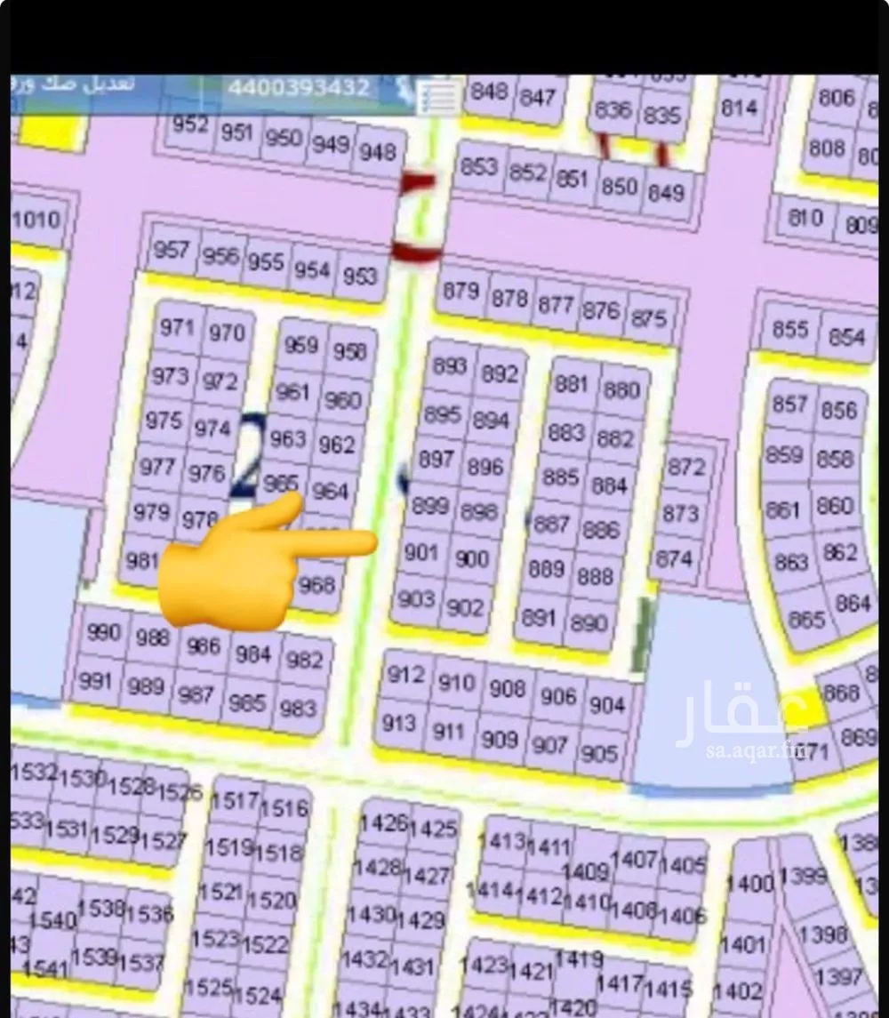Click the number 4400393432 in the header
tap(299, 88)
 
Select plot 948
tap(377, 151)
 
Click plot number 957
tap(171, 249)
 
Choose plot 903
tap(415, 598)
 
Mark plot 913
tap(398, 723)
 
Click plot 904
tap(607, 705)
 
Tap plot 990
tap(104, 632)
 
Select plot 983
tap(298, 708)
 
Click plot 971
tap(177, 327)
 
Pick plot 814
tap(739, 108)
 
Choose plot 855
tap(789, 329)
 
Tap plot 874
tap(673, 558)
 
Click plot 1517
tap(235, 800)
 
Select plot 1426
tap(384, 822)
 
